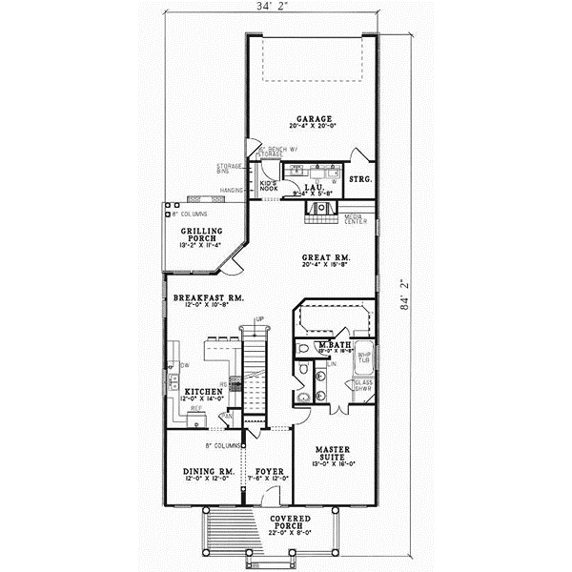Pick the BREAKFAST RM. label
209,298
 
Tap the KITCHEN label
204,392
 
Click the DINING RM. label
208,471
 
